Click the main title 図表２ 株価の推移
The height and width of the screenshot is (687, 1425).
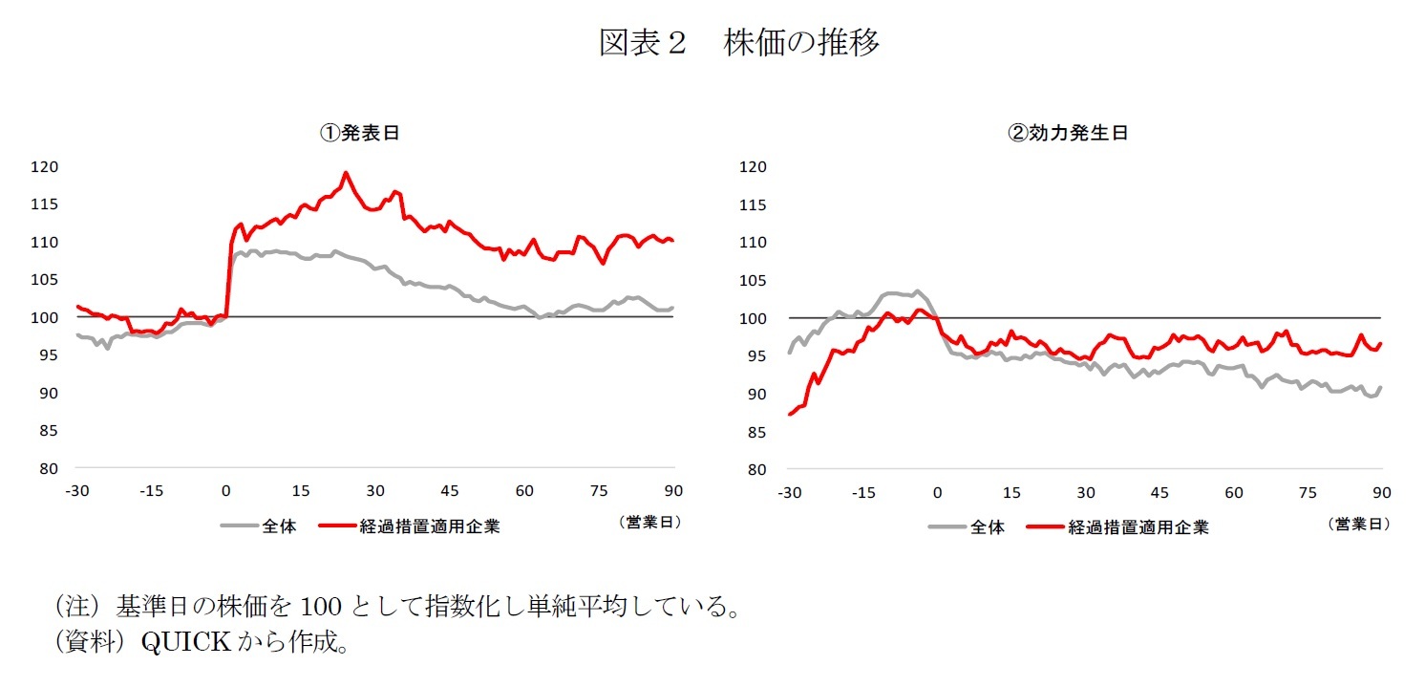point(738,43)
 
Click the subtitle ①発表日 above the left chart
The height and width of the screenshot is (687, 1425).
point(359,134)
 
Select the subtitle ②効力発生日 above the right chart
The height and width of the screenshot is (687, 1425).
point(1068,134)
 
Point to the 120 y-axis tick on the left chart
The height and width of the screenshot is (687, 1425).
point(46,167)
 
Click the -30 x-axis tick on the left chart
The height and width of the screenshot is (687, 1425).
point(76,491)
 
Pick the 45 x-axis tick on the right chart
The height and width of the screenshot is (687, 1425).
point(1159,492)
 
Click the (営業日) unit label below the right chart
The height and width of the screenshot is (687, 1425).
point(1358,524)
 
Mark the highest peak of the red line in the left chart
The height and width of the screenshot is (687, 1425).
point(345,174)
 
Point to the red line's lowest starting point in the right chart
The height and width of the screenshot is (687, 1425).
point(789,414)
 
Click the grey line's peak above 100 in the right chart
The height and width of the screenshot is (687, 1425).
point(917,291)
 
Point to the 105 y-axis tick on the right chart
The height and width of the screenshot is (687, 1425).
point(754,280)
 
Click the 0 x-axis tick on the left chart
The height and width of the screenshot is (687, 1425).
point(225,491)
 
